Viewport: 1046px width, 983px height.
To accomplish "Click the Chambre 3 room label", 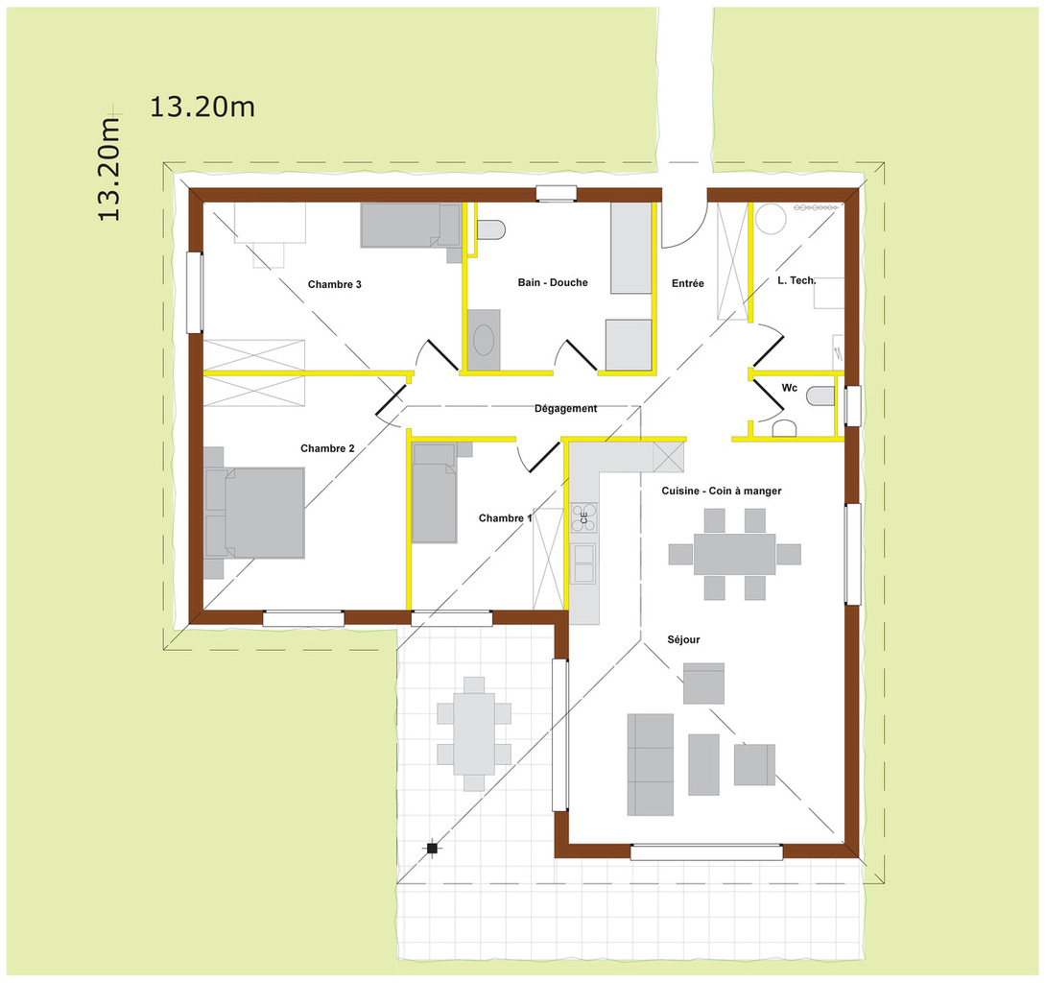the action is click(334, 284).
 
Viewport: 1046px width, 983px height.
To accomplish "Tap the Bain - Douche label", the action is click(553, 282).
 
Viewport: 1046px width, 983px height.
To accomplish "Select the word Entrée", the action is click(688, 283).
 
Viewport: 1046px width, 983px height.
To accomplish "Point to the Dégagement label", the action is click(565, 408).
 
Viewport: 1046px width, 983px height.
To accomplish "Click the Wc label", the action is click(789, 388).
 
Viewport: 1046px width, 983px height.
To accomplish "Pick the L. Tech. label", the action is click(796, 280).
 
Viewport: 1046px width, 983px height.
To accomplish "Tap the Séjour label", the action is click(684, 639).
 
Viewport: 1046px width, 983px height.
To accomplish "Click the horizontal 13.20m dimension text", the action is click(202, 107).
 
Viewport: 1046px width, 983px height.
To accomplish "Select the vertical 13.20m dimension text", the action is click(108, 169).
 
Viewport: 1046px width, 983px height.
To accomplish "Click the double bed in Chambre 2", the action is click(254, 513).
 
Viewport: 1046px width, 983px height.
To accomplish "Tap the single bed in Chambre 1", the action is click(435, 492).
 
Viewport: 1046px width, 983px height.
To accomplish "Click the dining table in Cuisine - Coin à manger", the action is click(734, 554).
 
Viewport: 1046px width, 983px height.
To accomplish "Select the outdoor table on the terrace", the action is click(474, 733).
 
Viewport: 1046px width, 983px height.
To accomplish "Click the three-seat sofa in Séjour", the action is click(651, 765).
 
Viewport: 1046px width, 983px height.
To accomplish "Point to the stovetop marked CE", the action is click(583, 517).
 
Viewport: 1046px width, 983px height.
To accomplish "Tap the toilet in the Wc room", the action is click(820, 397).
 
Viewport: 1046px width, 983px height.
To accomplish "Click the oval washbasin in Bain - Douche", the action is click(484, 341).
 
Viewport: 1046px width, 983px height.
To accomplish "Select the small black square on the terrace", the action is click(432, 849).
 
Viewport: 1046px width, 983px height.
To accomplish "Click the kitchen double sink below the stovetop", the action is click(583, 563).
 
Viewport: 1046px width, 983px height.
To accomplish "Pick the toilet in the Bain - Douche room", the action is click(491, 229).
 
